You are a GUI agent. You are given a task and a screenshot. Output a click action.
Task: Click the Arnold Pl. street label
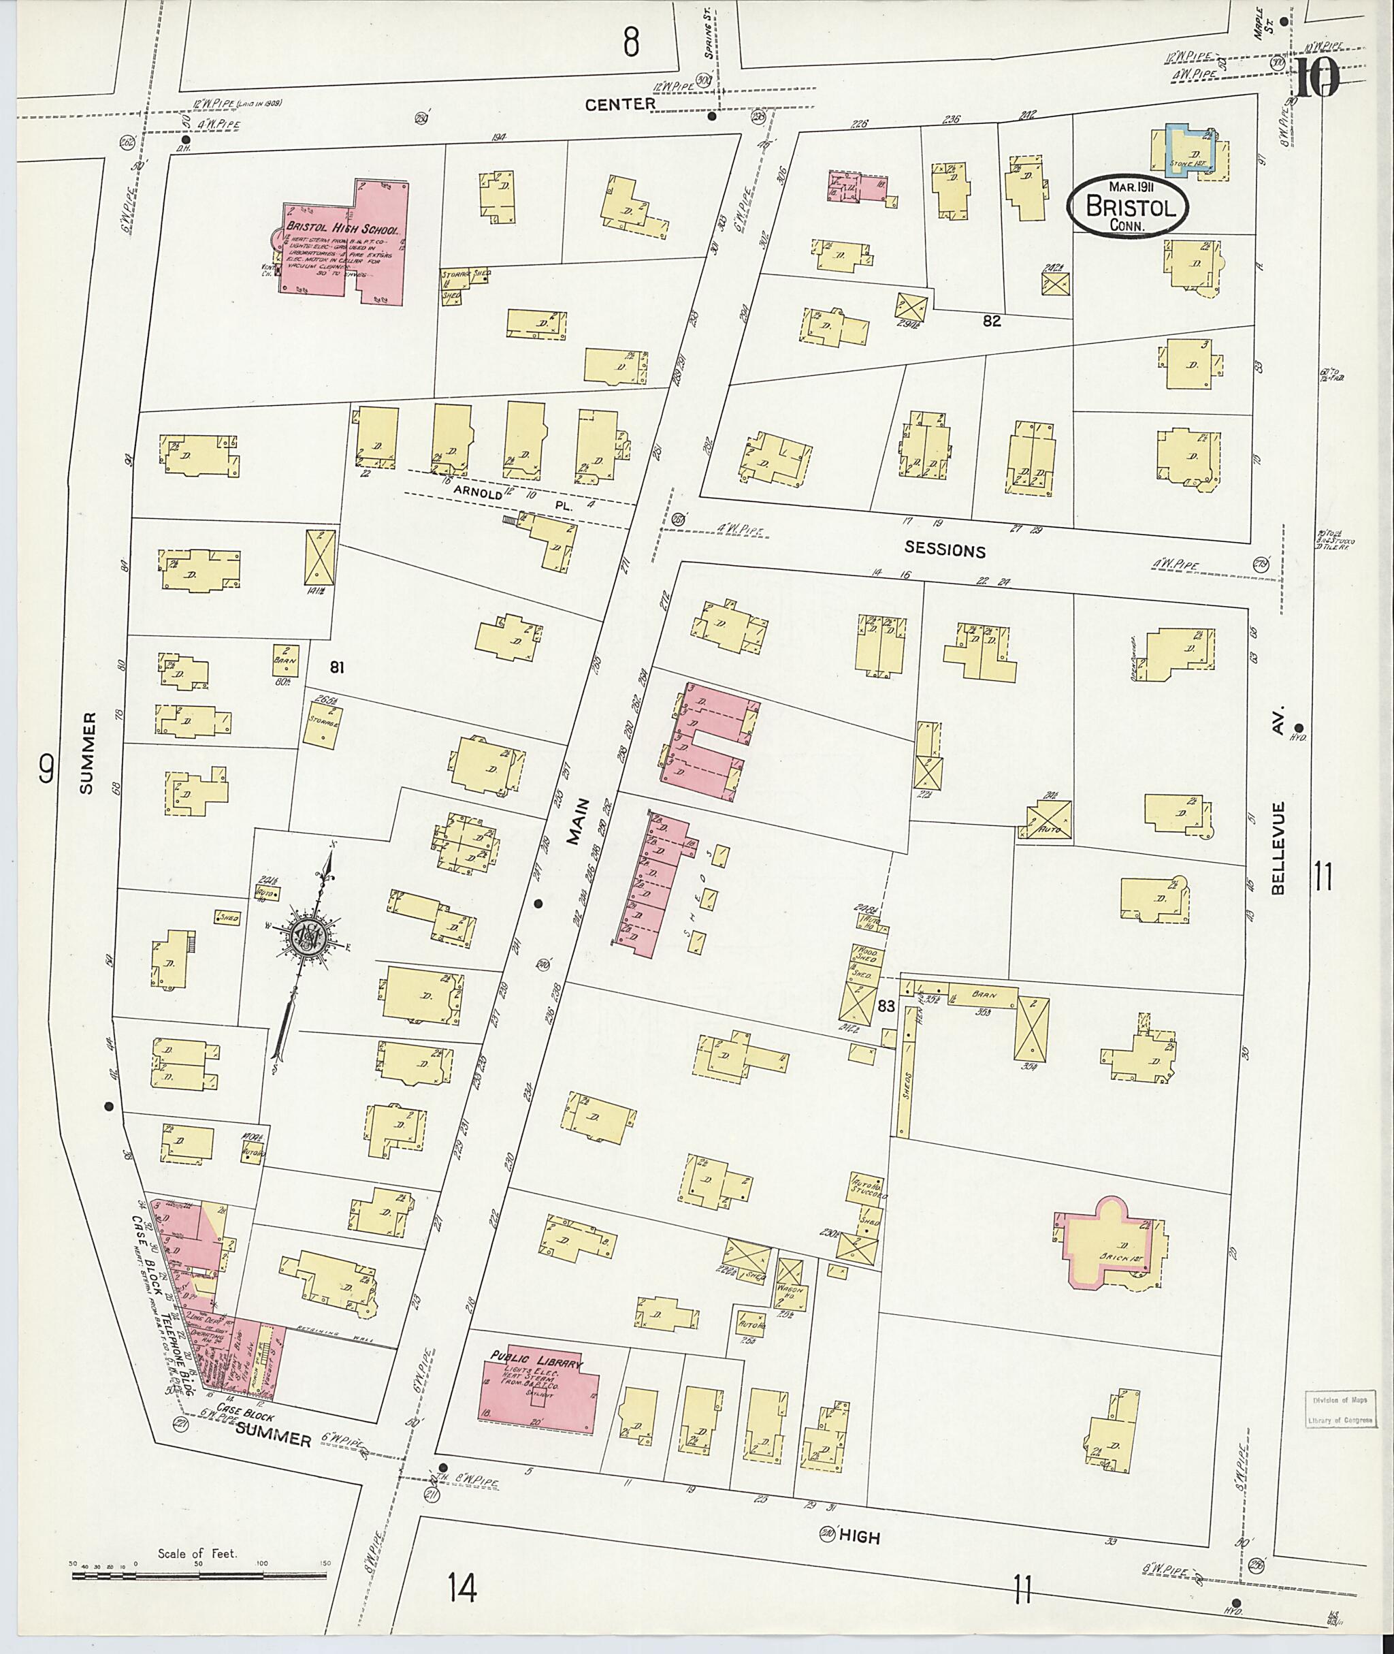click(x=514, y=498)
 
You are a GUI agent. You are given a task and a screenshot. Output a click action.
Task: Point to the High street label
click(x=859, y=1536)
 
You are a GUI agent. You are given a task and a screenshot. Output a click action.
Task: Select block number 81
click(x=338, y=667)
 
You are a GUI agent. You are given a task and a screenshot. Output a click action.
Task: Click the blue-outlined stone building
click(x=1188, y=148)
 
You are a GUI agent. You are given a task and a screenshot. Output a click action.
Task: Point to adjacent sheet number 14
click(x=461, y=1587)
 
